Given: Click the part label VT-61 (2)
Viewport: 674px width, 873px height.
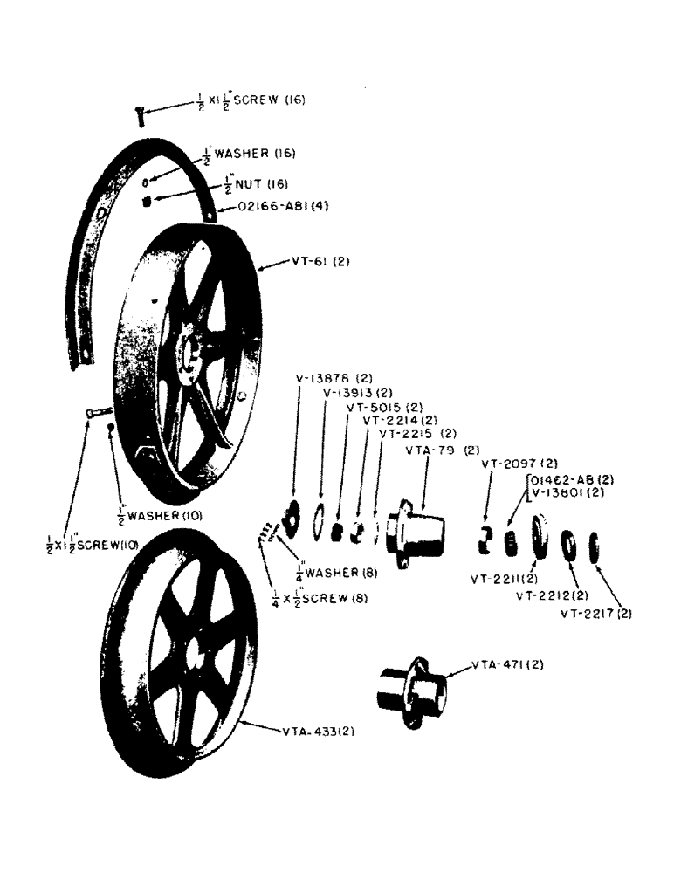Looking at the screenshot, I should (320, 261).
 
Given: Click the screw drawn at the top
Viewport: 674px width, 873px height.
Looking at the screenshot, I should (139, 113).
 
